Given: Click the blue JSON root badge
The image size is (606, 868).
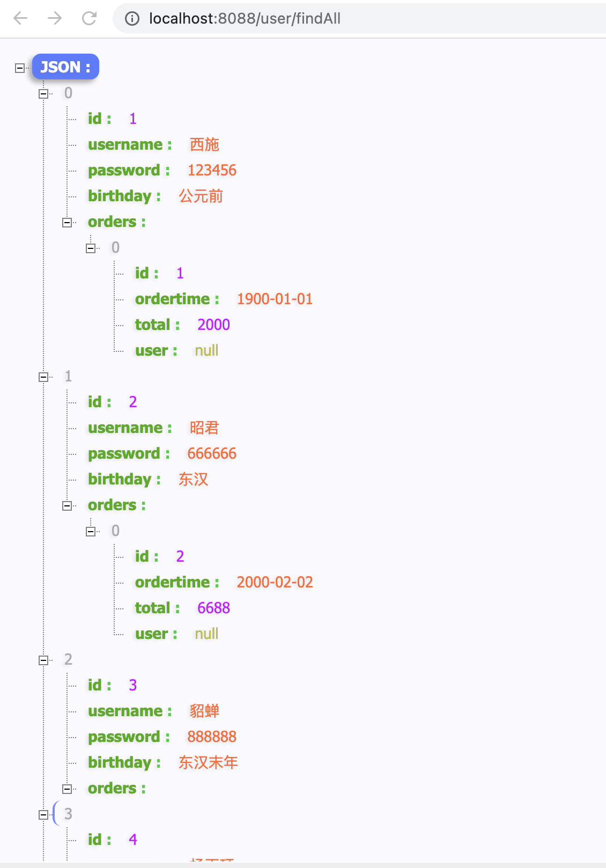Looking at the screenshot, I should point(65,67).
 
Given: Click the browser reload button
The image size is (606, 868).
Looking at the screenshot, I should point(89,19).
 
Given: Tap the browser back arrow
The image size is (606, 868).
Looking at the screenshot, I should point(20,19).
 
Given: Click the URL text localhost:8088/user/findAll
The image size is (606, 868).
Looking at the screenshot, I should point(245,19).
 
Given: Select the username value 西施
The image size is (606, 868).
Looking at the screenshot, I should point(204,144).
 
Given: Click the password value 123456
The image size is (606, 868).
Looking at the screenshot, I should point(212,170).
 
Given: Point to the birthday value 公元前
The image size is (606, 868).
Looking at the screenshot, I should point(201,196).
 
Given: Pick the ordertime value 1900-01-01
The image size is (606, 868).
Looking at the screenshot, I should point(275,299).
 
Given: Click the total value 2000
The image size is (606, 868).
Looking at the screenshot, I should point(213,325).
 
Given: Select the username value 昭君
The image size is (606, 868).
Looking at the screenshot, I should point(204,428).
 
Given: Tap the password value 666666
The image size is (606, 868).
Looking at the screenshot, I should point(212,453).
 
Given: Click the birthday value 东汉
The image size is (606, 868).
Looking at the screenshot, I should point(193,479).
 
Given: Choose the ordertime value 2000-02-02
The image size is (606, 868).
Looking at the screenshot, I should point(275,582).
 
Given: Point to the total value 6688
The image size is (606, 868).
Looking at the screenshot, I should point(213,608).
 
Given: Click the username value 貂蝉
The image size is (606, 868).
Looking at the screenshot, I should point(204,711).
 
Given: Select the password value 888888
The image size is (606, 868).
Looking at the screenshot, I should point(212,737).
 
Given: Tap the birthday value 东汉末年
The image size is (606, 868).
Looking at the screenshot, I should point(208,762).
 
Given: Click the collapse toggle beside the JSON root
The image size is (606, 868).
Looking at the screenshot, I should point(20,68).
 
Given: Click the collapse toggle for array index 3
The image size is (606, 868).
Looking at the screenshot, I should point(43,815).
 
